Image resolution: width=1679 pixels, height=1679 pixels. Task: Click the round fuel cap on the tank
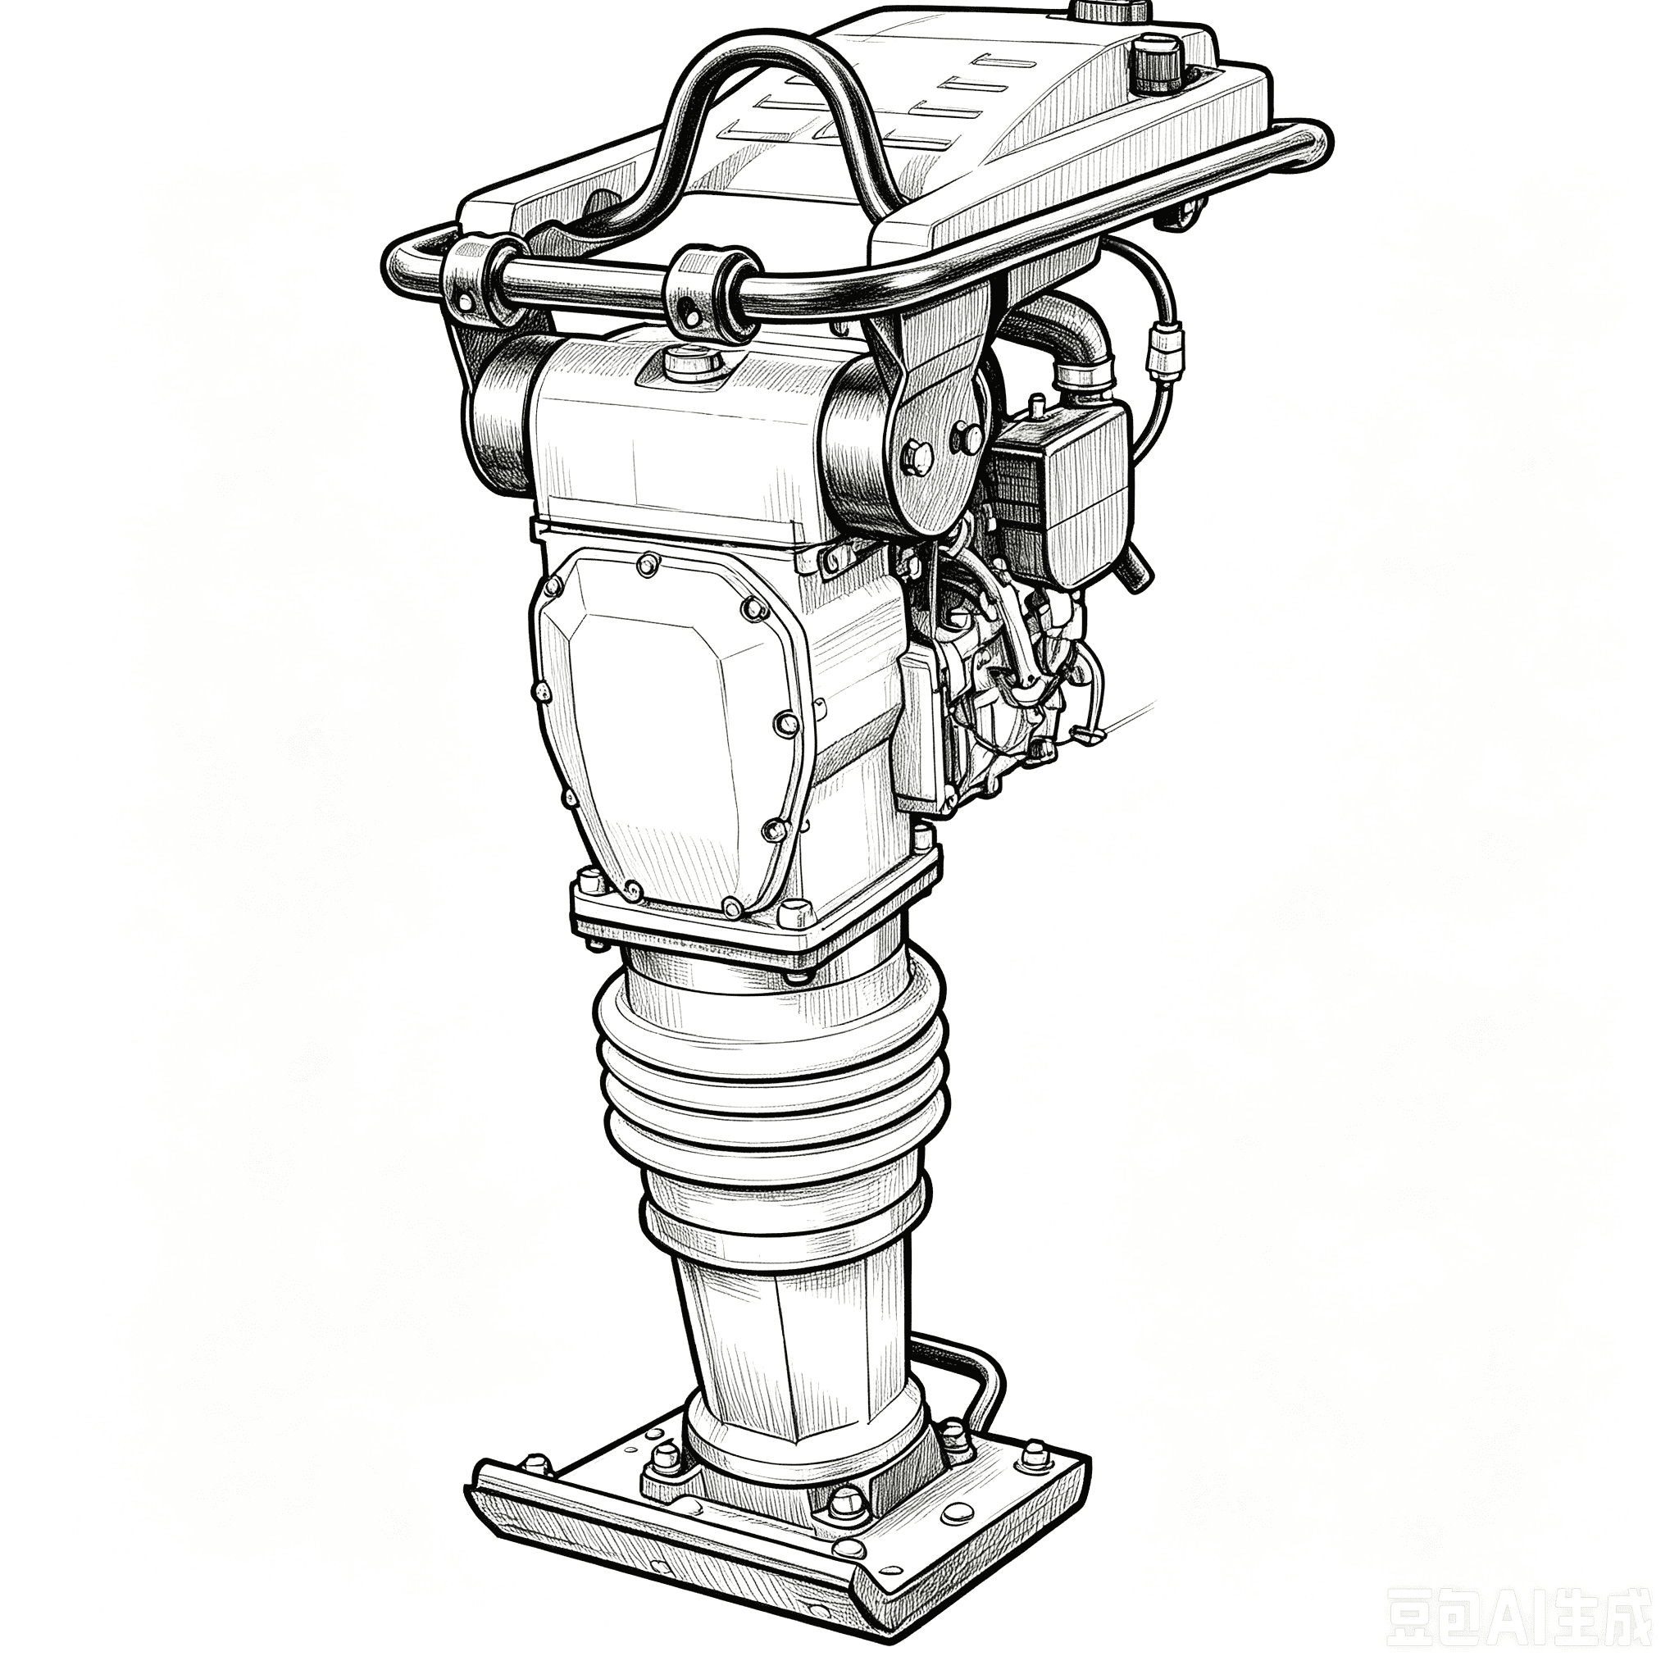coord(1158,61)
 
